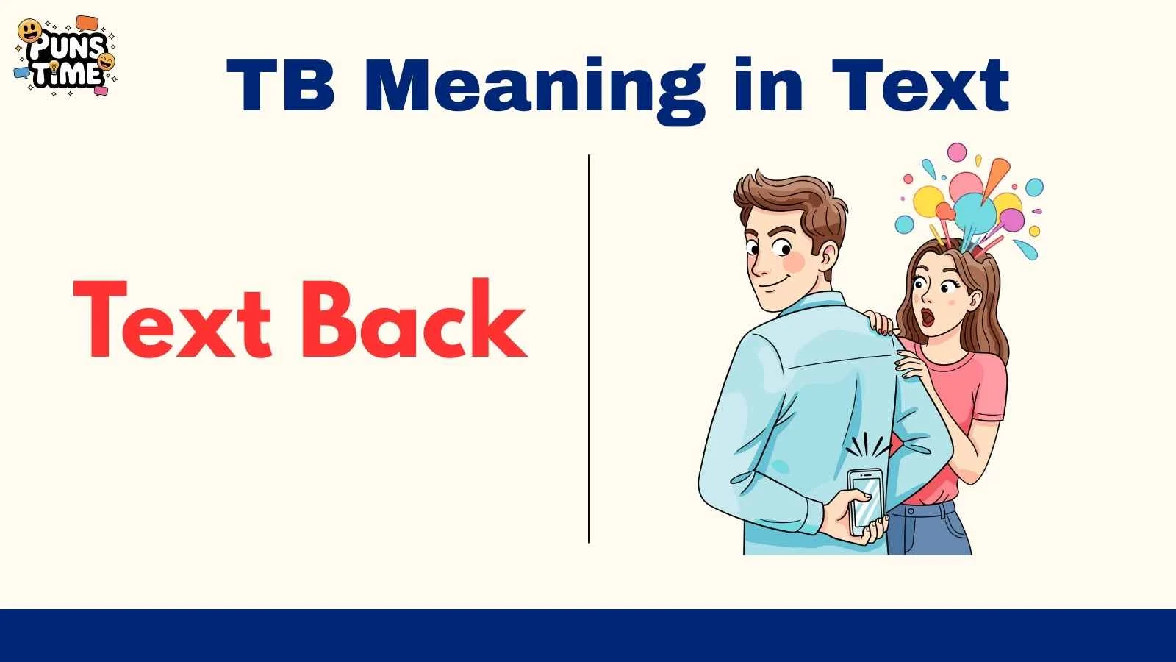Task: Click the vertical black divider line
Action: (589, 349)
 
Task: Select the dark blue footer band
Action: (588, 636)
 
